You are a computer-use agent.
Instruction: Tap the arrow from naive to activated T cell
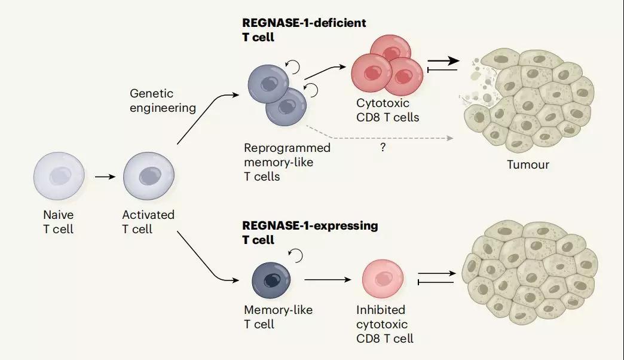point(103,177)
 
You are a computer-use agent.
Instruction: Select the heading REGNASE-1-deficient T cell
point(304,29)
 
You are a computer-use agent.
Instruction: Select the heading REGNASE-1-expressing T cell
point(310,233)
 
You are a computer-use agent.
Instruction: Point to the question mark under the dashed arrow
point(383,148)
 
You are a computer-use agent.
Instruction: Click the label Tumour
point(528,164)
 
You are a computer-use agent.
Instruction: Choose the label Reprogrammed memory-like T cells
point(287,161)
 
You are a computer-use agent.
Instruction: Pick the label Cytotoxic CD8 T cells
point(387,110)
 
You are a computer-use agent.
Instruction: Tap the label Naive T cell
point(58,221)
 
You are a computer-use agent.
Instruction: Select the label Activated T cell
point(148,221)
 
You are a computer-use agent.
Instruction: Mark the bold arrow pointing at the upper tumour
point(444,61)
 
